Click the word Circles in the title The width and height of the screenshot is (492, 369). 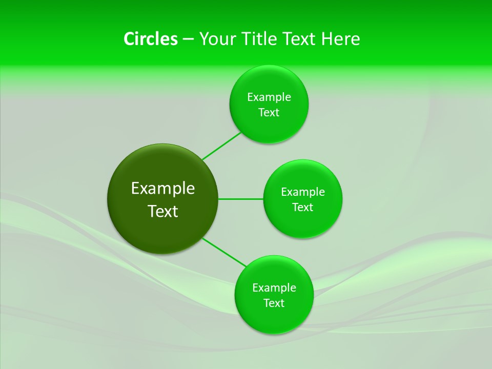(x=150, y=39)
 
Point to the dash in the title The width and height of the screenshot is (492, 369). (x=188, y=39)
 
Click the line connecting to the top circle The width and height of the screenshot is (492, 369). (x=221, y=146)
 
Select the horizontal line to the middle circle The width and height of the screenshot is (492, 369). (x=241, y=199)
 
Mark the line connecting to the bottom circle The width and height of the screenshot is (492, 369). (x=224, y=252)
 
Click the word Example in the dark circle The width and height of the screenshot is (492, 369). (x=163, y=189)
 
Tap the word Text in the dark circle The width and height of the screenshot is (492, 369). (x=163, y=211)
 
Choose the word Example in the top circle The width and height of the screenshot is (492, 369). (x=269, y=97)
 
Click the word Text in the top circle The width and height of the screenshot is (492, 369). (x=269, y=113)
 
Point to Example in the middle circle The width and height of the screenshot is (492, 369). (x=303, y=192)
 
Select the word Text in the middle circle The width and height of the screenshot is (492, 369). (x=303, y=208)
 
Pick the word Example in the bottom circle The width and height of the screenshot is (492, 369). (x=274, y=288)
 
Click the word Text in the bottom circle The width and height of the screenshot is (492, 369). (x=274, y=303)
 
